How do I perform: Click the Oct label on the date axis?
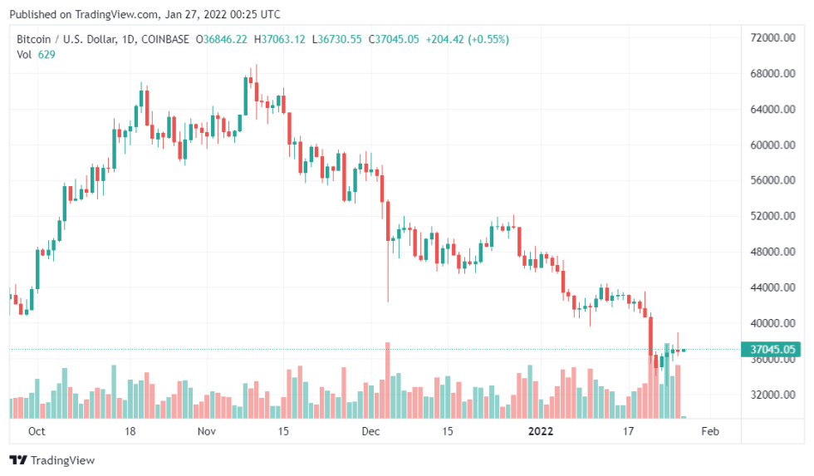[37, 431]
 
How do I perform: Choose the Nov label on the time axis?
[207, 431]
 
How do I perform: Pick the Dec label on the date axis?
[370, 431]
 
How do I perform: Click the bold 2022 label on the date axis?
[540, 431]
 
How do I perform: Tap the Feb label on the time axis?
[710, 431]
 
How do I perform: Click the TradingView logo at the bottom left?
[51, 460]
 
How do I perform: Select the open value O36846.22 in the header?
[221, 39]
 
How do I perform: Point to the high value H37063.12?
[279, 39]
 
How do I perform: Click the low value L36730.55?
[336, 39]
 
